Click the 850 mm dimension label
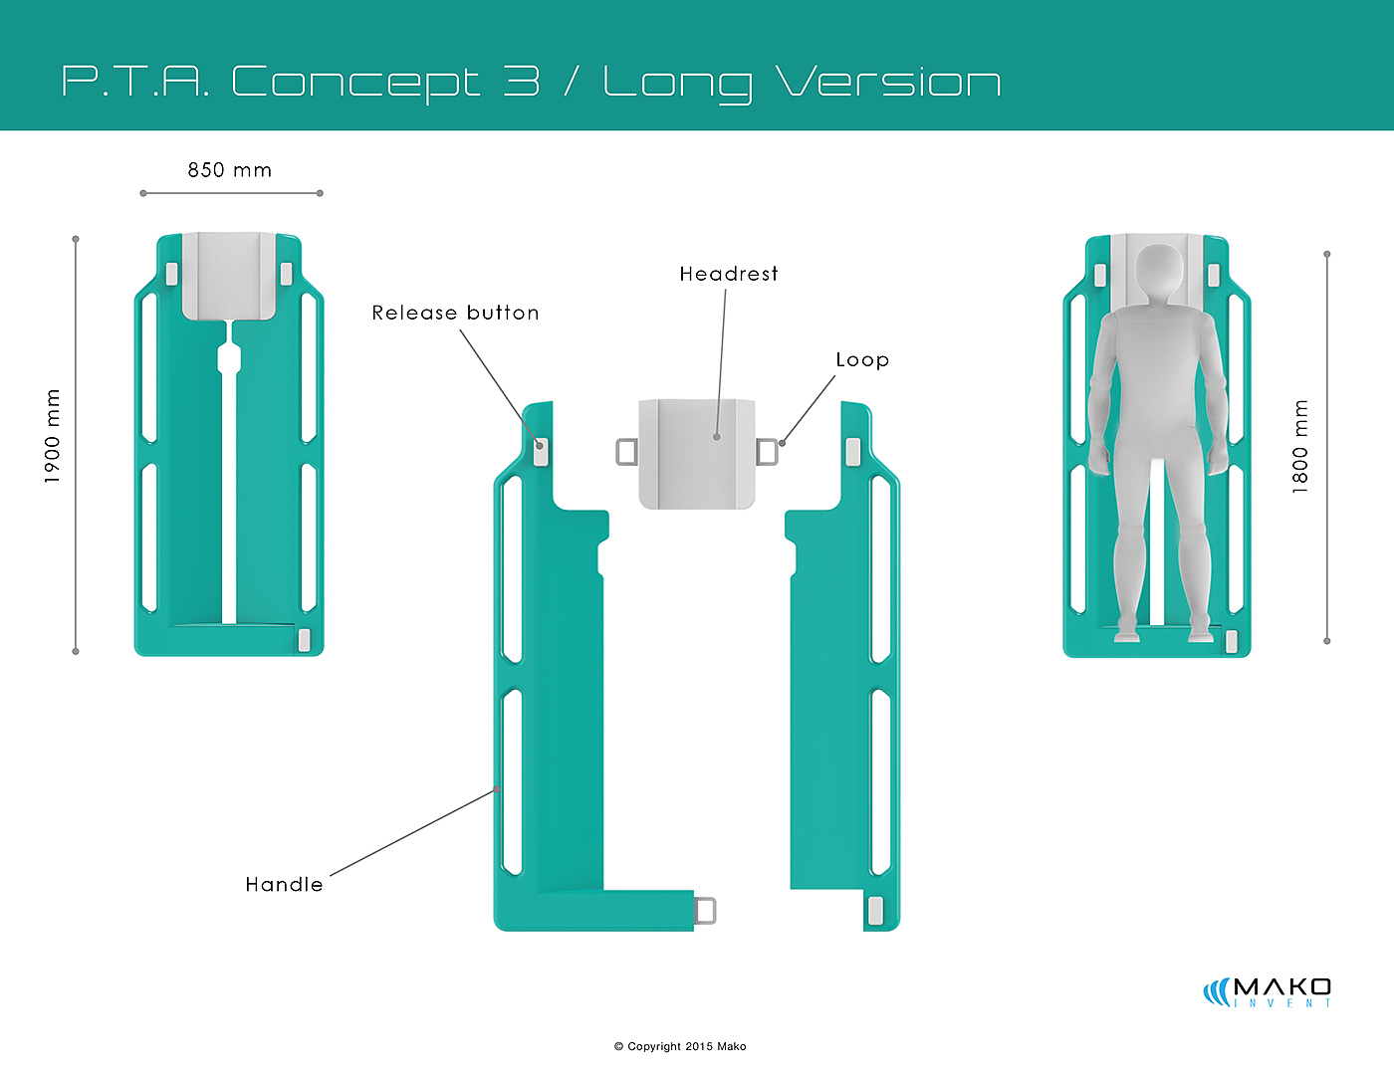point(229,170)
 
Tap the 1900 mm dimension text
point(53,436)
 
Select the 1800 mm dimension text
point(1300,446)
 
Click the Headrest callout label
point(729,274)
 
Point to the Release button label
point(455,313)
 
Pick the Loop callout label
point(862,360)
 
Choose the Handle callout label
point(284,884)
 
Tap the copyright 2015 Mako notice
point(680,1046)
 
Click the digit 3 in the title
point(521,82)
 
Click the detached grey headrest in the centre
point(697,454)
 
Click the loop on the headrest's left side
point(626,452)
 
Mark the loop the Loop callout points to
point(767,452)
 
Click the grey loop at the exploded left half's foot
point(705,911)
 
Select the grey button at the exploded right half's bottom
point(875,910)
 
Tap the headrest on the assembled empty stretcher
point(229,275)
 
